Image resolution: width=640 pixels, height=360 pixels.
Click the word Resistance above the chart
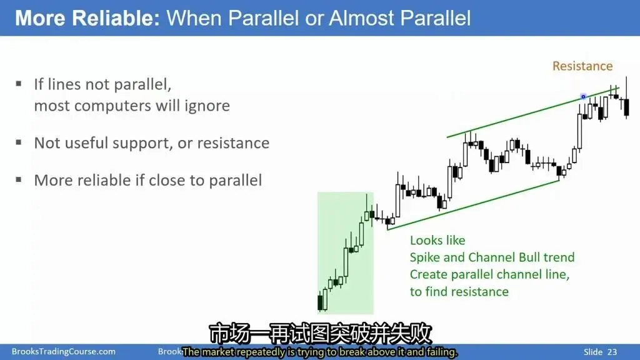pyautogui.click(x=582, y=66)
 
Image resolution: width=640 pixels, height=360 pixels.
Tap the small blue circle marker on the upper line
pyautogui.click(x=583, y=97)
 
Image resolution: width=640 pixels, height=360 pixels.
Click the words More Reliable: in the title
pyautogui.click(x=87, y=18)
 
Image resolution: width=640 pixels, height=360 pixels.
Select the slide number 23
pyautogui.click(x=612, y=352)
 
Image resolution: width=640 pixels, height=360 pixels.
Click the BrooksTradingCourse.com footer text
pyautogui.click(x=64, y=351)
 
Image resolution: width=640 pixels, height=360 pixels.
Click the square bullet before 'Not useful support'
pyautogui.click(x=19, y=142)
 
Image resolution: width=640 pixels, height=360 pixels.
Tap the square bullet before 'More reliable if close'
pyautogui.click(x=19, y=179)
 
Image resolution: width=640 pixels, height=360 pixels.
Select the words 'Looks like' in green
pyautogui.click(x=437, y=241)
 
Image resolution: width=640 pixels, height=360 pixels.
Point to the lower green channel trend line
pyautogui.click(x=474, y=205)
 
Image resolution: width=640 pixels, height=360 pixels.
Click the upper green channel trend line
pyautogui.click(x=533, y=112)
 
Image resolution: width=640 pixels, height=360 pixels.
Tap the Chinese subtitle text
pyautogui.click(x=321, y=334)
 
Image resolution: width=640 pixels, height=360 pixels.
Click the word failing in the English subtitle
pyautogui.click(x=441, y=352)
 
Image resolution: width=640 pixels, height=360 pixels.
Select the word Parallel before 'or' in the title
pyautogui.click(x=264, y=18)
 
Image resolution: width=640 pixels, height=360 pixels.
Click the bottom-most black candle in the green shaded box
pyautogui.click(x=320, y=302)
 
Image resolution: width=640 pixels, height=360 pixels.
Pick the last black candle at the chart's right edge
pyautogui.click(x=626, y=107)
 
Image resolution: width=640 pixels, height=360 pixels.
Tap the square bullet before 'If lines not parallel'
pyautogui.click(x=19, y=84)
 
